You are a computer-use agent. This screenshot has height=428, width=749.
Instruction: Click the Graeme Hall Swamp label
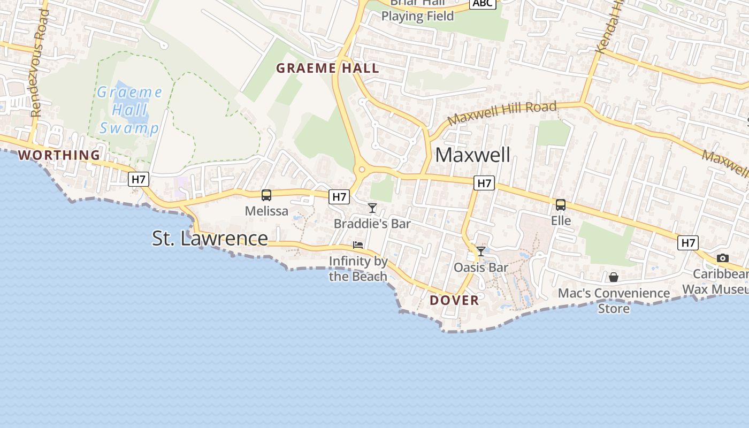tap(129, 110)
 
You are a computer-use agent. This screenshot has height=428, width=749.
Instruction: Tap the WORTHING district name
tap(59, 155)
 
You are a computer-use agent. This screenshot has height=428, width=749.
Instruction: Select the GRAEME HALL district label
tap(327, 68)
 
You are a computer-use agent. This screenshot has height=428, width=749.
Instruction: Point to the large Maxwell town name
tap(472, 155)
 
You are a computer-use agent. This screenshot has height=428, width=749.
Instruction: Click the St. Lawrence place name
tap(210, 238)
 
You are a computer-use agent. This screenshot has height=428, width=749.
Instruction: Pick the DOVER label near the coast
tap(454, 300)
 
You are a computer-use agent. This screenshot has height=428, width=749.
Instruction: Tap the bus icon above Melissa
tap(266, 195)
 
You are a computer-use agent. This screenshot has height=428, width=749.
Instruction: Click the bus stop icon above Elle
tap(561, 205)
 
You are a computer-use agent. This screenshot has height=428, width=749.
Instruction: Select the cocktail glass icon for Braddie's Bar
tap(372, 208)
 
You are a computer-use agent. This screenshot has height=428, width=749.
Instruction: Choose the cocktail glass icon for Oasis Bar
tap(481, 251)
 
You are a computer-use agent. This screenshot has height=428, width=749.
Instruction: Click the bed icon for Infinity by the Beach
tap(358, 245)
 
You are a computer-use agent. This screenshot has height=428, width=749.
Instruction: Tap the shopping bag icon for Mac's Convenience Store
tap(614, 277)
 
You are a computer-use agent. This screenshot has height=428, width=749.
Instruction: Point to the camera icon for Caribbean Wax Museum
tap(723, 258)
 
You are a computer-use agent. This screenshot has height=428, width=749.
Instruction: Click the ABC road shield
tap(483, 3)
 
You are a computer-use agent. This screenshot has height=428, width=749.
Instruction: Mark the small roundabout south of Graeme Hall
tap(362, 170)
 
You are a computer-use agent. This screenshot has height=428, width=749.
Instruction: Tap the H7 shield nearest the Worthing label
tap(138, 179)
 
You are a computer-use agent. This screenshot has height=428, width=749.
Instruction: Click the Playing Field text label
tap(417, 16)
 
